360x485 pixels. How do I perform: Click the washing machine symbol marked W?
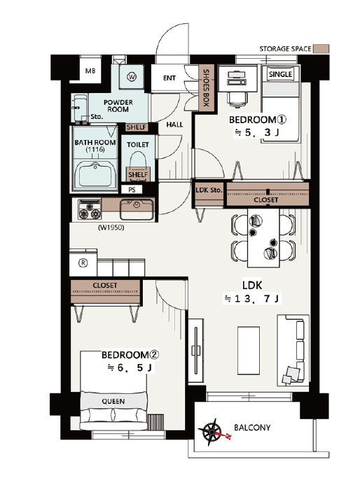(132, 77)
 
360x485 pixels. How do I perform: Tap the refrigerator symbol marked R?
(83, 263)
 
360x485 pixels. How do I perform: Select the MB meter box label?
(90, 71)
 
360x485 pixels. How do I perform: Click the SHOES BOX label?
(206, 88)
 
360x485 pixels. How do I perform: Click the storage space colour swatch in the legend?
(321, 48)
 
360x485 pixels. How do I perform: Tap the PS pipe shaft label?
(132, 190)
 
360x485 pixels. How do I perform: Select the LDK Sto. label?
(209, 190)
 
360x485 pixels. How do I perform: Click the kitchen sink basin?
(137, 209)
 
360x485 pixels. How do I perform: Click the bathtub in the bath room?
(95, 175)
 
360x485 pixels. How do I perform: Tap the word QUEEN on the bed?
(113, 401)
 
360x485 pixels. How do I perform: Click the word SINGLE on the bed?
(280, 74)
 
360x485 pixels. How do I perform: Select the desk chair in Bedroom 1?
(237, 98)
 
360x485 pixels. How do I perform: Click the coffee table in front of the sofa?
(249, 351)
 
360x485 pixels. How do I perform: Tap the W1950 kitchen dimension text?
(111, 227)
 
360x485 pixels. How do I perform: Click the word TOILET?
(138, 144)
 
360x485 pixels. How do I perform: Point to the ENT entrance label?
(169, 78)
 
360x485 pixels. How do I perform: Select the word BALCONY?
(252, 428)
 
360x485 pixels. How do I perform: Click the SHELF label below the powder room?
(136, 127)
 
